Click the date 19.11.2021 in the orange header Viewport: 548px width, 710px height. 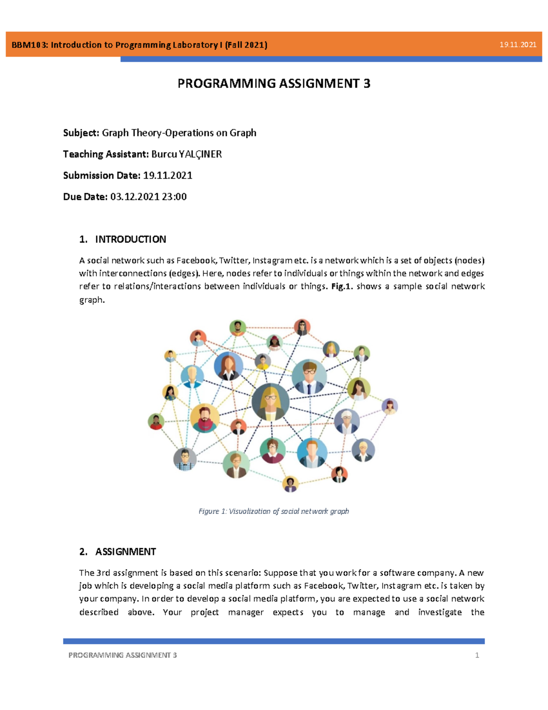pyautogui.click(x=517, y=45)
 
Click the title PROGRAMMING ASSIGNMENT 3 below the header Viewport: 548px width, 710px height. pyautogui.click(x=274, y=84)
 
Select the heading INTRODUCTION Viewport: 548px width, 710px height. pyautogui.click(x=130, y=239)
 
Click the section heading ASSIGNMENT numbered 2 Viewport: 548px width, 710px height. pyautogui.click(x=125, y=552)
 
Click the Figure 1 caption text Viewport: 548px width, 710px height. pyautogui.click(x=274, y=511)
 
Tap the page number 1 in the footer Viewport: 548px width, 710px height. pyautogui.click(x=477, y=655)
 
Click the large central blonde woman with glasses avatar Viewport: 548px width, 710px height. pyautogui.click(x=270, y=402)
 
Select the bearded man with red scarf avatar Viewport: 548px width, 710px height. pyautogui.click(x=204, y=418)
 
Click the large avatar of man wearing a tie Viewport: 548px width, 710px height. pyautogui.click(x=309, y=377)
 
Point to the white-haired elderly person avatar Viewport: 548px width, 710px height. pyautogui.click(x=347, y=421)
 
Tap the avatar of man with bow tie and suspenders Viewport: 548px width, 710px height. pyautogui.click(x=185, y=459)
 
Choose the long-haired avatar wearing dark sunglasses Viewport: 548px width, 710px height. pyautogui.click(x=302, y=327)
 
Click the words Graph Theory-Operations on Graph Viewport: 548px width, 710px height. pyautogui.click(x=179, y=133)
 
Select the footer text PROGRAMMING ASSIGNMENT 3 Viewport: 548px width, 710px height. pyautogui.click(x=122, y=655)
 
